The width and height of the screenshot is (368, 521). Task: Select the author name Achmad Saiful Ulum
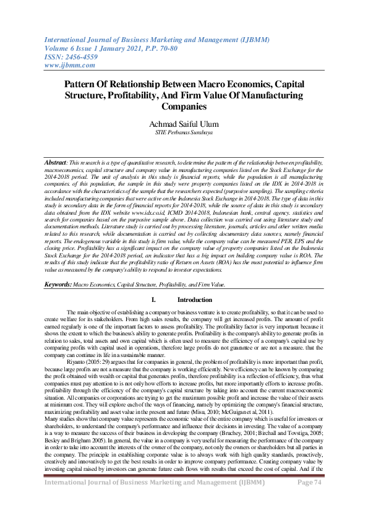(x=184, y=124)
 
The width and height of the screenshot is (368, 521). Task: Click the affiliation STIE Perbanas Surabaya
(x=184, y=132)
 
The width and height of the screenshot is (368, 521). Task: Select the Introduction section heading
(x=194, y=299)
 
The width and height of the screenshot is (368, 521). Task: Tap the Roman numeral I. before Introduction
(x=153, y=299)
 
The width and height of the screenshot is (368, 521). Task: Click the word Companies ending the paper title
(x=184, y=106)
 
